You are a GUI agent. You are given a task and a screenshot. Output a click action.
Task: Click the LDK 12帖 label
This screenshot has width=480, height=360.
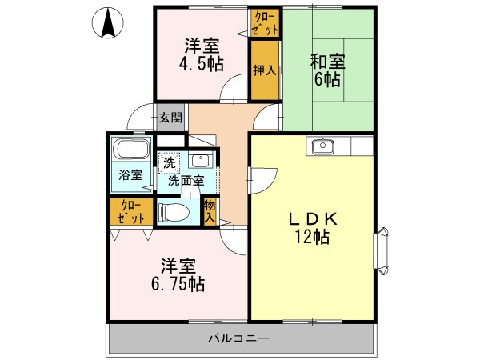[312, 228]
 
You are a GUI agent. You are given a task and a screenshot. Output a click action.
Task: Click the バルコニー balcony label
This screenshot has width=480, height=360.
[239, 339]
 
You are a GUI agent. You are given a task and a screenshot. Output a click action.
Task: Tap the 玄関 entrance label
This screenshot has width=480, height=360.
[170, 118]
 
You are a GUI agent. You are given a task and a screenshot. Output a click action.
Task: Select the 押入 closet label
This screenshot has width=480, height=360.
[265, 70]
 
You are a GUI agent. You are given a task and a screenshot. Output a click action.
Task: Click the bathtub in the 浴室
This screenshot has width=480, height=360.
[131, 150]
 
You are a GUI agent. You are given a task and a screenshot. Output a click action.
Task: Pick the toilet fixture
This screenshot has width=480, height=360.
[175, 212]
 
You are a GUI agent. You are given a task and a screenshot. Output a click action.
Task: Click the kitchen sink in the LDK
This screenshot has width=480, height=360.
[323, 146]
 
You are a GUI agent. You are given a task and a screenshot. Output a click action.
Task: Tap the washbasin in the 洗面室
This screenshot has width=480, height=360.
[201, 158]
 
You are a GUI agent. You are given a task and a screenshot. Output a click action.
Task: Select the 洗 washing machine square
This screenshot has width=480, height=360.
[169, 162]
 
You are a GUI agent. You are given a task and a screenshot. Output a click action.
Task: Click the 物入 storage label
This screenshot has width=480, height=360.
[210, 211]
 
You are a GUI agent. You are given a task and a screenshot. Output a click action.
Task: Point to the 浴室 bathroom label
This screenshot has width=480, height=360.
[131, 174]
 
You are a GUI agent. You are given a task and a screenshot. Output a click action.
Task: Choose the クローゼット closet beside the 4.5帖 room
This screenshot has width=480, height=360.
[266, 23]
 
